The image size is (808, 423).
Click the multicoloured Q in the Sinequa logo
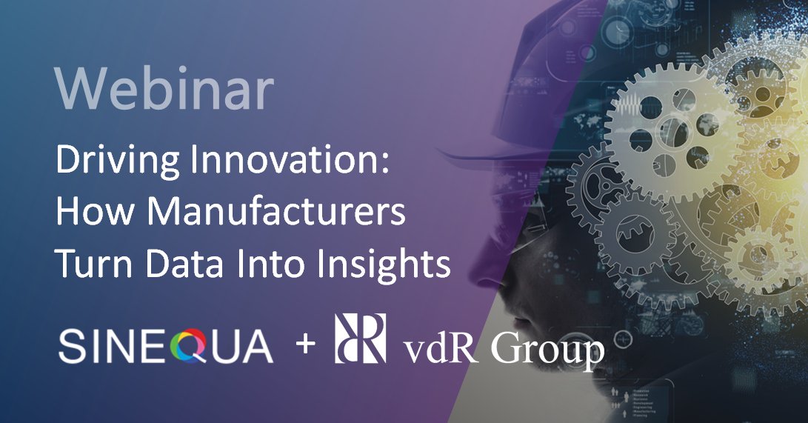190,346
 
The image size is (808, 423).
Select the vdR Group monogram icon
361,339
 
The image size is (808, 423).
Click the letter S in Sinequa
71,346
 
